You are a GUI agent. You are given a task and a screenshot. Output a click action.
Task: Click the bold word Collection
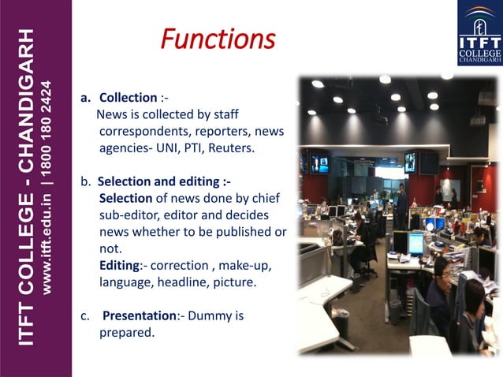128,98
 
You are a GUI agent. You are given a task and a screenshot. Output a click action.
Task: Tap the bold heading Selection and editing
163,181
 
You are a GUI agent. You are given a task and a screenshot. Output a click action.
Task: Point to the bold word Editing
120,265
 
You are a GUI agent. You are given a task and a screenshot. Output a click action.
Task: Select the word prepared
126,333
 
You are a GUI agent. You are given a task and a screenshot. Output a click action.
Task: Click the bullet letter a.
85,99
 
